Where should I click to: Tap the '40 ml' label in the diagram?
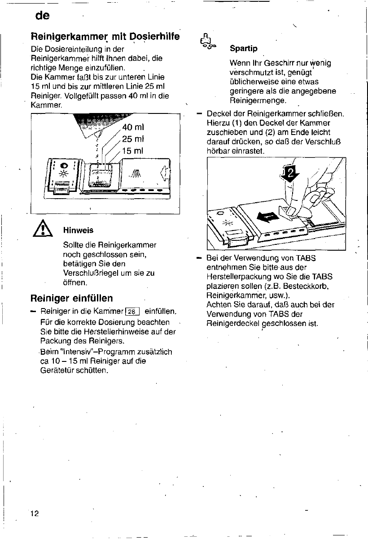133,126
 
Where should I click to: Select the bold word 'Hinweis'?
78,230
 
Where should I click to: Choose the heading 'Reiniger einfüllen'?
71,298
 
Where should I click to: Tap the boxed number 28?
134,312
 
